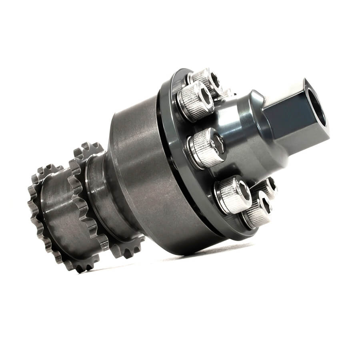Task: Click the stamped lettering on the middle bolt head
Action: [216, 145]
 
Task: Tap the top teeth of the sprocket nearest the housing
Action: [86, 150]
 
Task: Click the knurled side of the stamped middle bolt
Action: [200, 152]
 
